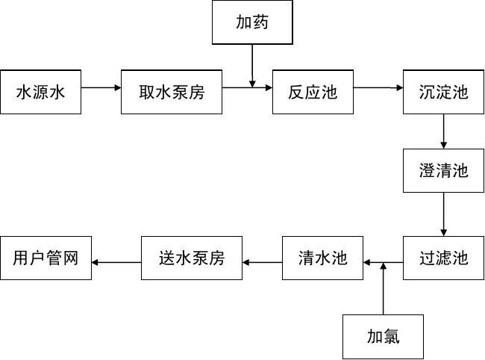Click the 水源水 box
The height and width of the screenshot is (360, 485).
pos(41,93)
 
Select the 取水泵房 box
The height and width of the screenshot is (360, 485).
pos(172,93)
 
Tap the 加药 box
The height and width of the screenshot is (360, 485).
pos(251,22)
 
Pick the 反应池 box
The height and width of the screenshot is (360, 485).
pos(313,93)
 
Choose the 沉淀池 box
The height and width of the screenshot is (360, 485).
pos(443,93)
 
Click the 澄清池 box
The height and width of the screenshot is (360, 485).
pos(443,170)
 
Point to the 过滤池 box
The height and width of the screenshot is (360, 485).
pos(443,258)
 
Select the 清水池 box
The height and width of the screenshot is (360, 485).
pos(322,258)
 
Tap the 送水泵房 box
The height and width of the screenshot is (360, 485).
pos(192,258)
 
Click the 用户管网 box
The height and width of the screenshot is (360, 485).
pos(46,258)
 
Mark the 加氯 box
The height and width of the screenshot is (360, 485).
pos(383,337)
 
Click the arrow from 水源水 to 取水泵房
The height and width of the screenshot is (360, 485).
pos(101,87)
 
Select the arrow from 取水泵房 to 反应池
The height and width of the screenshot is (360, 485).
pos(247,87)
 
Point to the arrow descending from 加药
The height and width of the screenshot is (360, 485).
pos(252,64)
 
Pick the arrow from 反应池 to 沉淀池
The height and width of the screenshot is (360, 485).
pos(378,87)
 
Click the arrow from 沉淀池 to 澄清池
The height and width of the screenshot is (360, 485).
pos(444,131)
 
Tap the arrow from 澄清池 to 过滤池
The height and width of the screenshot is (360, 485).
pos(444,214)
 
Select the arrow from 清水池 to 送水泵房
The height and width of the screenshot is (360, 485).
pos(263,262)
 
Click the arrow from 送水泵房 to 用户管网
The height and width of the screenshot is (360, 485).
pos(116,262)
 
